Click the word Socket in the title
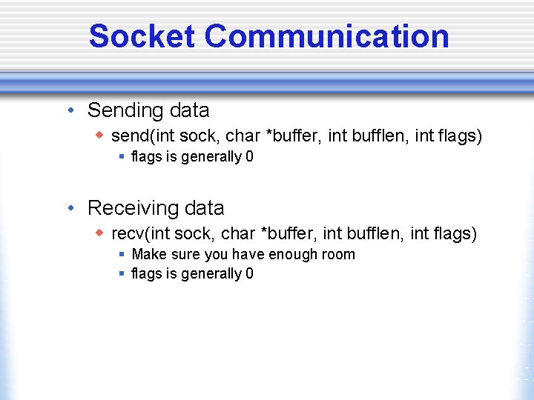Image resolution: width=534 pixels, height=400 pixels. [142, 36]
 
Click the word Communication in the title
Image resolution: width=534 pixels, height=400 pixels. [326, 36]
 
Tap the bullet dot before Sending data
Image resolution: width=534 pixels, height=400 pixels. [69, 111]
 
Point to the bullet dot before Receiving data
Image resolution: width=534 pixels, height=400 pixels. [69, 209]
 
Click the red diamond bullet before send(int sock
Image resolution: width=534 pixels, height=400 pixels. [99, 136]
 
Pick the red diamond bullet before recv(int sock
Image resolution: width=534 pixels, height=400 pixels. [99, 233]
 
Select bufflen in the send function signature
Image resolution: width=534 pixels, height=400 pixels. [378, 136]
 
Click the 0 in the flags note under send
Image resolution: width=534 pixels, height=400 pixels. [249, 157]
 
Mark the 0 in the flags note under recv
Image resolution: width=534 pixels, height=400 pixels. [249, 274]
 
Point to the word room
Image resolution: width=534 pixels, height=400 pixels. [338, 255]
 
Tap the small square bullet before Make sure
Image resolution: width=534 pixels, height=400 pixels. [122, 254]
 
